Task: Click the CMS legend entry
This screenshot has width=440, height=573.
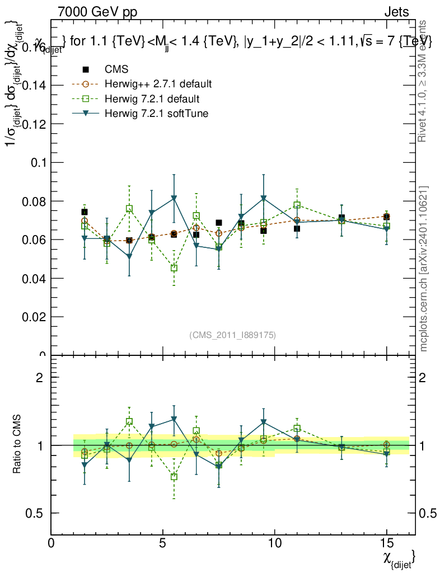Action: [116, 69]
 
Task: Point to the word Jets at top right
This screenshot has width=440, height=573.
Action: [396, 12]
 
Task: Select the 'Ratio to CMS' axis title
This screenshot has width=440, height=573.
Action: [18, 445]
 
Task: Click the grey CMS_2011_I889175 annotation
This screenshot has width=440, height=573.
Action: [232, 335]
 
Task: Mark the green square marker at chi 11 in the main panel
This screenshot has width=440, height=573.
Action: [297, 205]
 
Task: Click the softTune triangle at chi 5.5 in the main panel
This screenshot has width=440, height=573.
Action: [174, 198]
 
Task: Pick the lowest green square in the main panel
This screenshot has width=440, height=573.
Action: [174, 268]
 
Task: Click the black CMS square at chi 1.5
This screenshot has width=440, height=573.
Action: [85, 212]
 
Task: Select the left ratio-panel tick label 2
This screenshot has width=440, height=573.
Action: [40, 378]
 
